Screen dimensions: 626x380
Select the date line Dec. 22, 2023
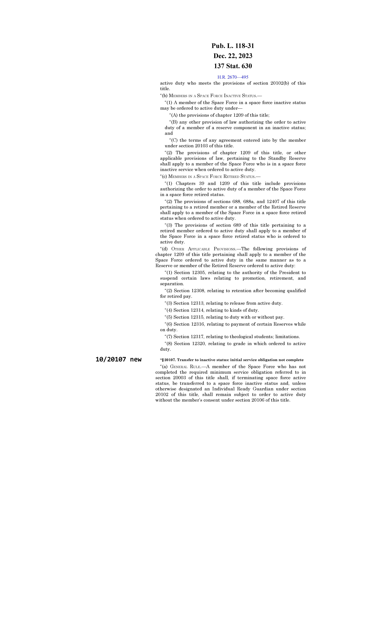point(233,56)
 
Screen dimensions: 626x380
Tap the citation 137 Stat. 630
point(233,66)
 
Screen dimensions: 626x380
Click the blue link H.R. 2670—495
point(233,77)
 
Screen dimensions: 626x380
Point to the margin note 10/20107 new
point(118,359)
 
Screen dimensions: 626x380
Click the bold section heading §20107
point(231,360)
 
